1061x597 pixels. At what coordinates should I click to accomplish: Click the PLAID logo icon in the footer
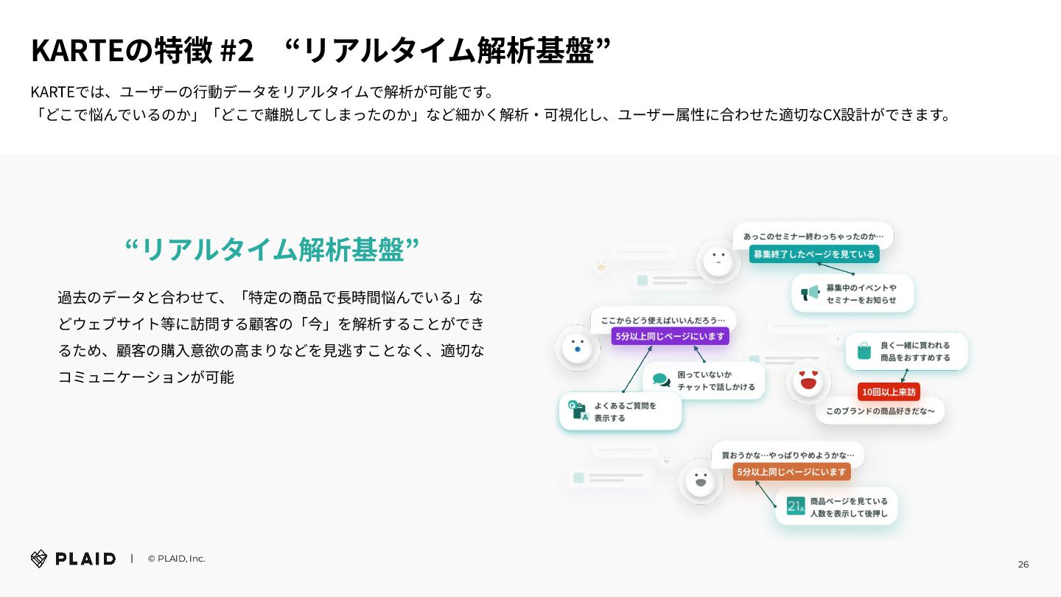click(x=39, y=559)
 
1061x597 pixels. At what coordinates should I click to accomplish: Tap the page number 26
click(x=1023, y=565)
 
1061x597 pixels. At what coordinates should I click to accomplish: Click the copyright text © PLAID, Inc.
click(x=176, y=559)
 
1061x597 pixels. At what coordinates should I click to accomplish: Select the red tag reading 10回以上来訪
click(x=889, y=391)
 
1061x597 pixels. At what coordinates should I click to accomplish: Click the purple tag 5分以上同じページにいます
click(x=670, y=336)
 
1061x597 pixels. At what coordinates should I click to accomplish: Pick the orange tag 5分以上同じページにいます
click(x=791, y=472)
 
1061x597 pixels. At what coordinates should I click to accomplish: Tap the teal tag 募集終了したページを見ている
click(x=813, y=254)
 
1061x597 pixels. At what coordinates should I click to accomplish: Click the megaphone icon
click(x=810, y=293)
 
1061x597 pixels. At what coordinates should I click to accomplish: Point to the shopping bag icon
click(x=864, y=352)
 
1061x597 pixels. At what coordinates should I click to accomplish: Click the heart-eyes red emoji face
click(x=808, y=382)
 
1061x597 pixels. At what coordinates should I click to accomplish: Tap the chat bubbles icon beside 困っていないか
click(x=661, y=380)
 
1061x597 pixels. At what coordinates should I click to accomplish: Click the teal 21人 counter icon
click(x=795, y=506)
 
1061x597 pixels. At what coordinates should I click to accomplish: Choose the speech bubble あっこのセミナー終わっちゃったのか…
click(x=813, y=236)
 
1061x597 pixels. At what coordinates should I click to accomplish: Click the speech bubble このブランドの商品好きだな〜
click(x=880, y=411)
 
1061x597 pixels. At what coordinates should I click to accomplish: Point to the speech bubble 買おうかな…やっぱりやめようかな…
click(x=788, y=454)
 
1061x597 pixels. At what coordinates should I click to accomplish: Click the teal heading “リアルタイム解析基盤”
click(x=272, y=249)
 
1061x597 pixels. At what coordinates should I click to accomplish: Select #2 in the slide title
click(x=237, y=50)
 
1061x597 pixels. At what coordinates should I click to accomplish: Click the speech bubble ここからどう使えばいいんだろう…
click(x=663, y=320)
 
